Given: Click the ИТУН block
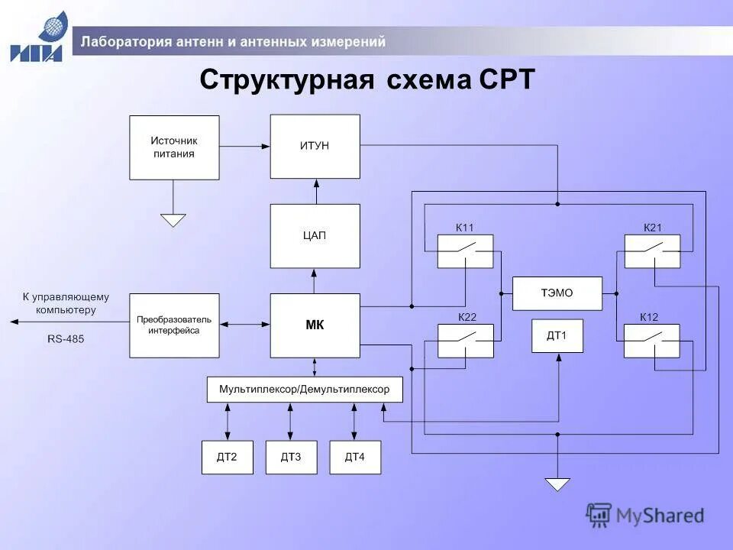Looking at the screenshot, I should click(x=315, y=147).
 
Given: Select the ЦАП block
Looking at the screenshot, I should click(x=315, y=235).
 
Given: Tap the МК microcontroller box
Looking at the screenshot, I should click(x=315, y=325).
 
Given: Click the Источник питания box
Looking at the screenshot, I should click(x=174, y=147).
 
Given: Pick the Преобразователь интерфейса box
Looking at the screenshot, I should click(x=174, y=325).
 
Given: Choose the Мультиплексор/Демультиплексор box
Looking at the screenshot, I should click(x=305, y=390).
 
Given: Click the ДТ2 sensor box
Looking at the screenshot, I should click(x=227, y=457).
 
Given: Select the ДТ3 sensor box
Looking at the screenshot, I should click(x=291, y=457).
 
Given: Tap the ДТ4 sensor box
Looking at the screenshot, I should click(x=355, y=457).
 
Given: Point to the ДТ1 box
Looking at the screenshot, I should click(x=557, y=335).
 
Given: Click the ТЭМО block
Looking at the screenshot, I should click(x=557, y=293).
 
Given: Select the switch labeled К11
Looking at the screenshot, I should click(x=465, y=251).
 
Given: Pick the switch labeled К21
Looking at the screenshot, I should click(x=652, y=251).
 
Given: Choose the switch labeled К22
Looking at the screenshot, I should click(x=465, y=341).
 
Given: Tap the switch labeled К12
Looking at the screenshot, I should click(x=651, y=341).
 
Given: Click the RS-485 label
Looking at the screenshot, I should click(x=66, y=338).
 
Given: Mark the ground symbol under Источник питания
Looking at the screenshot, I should click(x=173, y=220).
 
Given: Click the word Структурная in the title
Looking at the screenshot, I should click(x=282, y=79).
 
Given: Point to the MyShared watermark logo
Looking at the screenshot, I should click(x=645, y=516).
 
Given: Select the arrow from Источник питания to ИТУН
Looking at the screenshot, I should click(x=244, y=146).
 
